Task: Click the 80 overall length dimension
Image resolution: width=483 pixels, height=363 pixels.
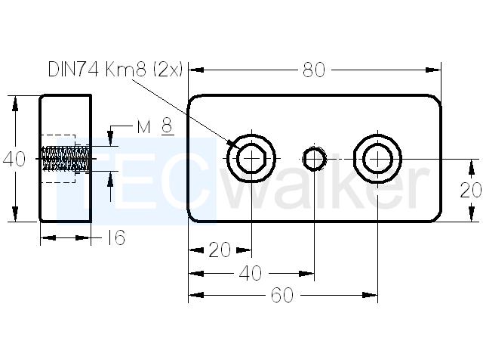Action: point(314,70)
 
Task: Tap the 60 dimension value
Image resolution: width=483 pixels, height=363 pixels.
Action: point(282,296)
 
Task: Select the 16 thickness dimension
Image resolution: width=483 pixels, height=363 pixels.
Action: point(115,237)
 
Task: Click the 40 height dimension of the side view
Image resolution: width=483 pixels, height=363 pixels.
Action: point(14,160)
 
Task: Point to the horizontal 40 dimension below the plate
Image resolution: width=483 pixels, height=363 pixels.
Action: point(251,273)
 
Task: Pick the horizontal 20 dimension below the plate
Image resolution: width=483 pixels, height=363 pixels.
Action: point(220,250)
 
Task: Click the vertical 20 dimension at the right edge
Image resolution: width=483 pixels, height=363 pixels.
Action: point(471,190)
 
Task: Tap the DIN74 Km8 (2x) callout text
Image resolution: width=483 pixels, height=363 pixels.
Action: point(115,70)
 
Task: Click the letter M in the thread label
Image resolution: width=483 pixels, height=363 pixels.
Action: point(143,127)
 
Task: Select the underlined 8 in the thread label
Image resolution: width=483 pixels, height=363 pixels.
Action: point(168,126)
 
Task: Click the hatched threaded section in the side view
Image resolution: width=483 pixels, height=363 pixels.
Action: point(66,158)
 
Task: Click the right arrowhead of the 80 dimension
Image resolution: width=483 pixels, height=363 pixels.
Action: point(432,70)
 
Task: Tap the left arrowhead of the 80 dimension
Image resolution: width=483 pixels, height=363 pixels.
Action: point(196,70)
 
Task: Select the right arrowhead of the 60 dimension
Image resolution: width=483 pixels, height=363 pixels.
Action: point(370,296)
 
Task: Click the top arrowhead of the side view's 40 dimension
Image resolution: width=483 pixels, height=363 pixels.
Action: point(15,104)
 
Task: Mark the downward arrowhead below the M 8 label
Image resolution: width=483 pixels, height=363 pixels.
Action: point(110,138)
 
